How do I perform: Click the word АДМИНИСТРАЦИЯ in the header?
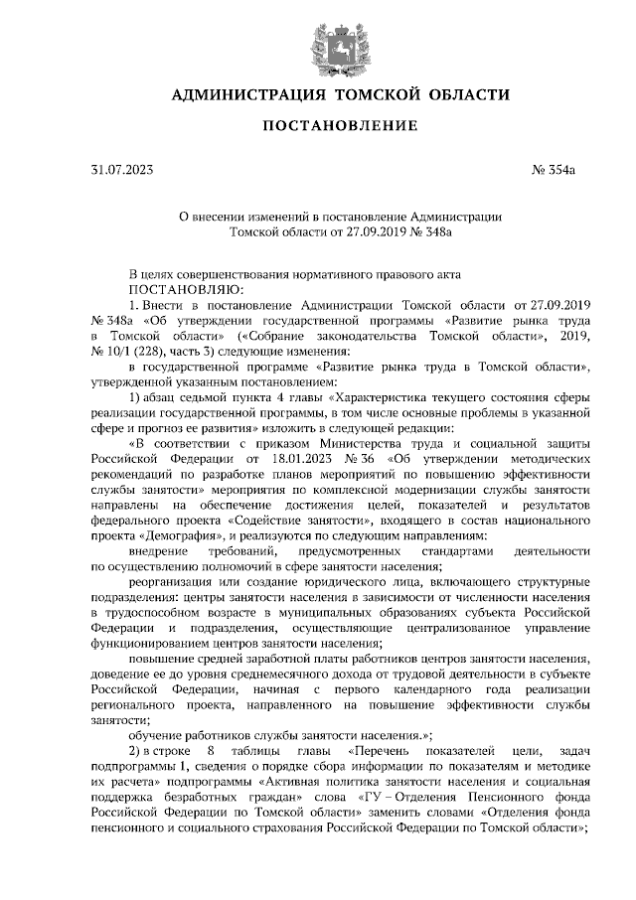tap(248, 95)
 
